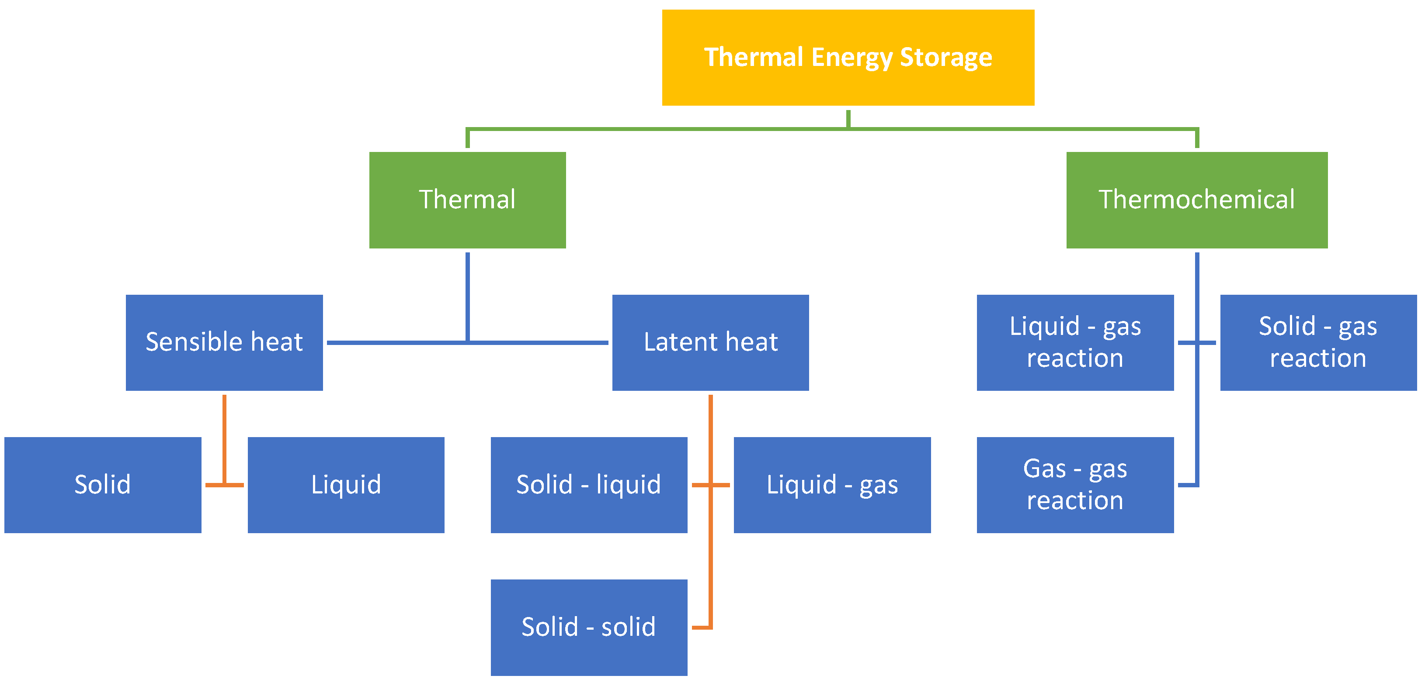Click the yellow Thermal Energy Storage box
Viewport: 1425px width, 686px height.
848,58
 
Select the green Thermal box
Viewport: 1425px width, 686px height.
467,200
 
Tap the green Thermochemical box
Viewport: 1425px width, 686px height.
1196,200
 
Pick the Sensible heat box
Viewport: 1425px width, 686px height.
224,342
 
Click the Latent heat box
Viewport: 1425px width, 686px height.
710,342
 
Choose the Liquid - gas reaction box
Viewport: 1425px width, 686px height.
1075,342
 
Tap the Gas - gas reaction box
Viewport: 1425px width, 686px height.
1075,485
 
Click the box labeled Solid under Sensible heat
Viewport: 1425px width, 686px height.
102,485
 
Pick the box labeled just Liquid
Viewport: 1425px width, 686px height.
346,485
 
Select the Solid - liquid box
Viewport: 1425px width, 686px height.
589,485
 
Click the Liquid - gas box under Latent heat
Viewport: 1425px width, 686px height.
832,485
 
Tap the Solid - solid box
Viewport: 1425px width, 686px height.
589,627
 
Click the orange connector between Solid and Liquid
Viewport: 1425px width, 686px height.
224,485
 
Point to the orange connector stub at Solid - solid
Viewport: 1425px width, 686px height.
702,627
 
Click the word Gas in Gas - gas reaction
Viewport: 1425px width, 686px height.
1044,469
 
